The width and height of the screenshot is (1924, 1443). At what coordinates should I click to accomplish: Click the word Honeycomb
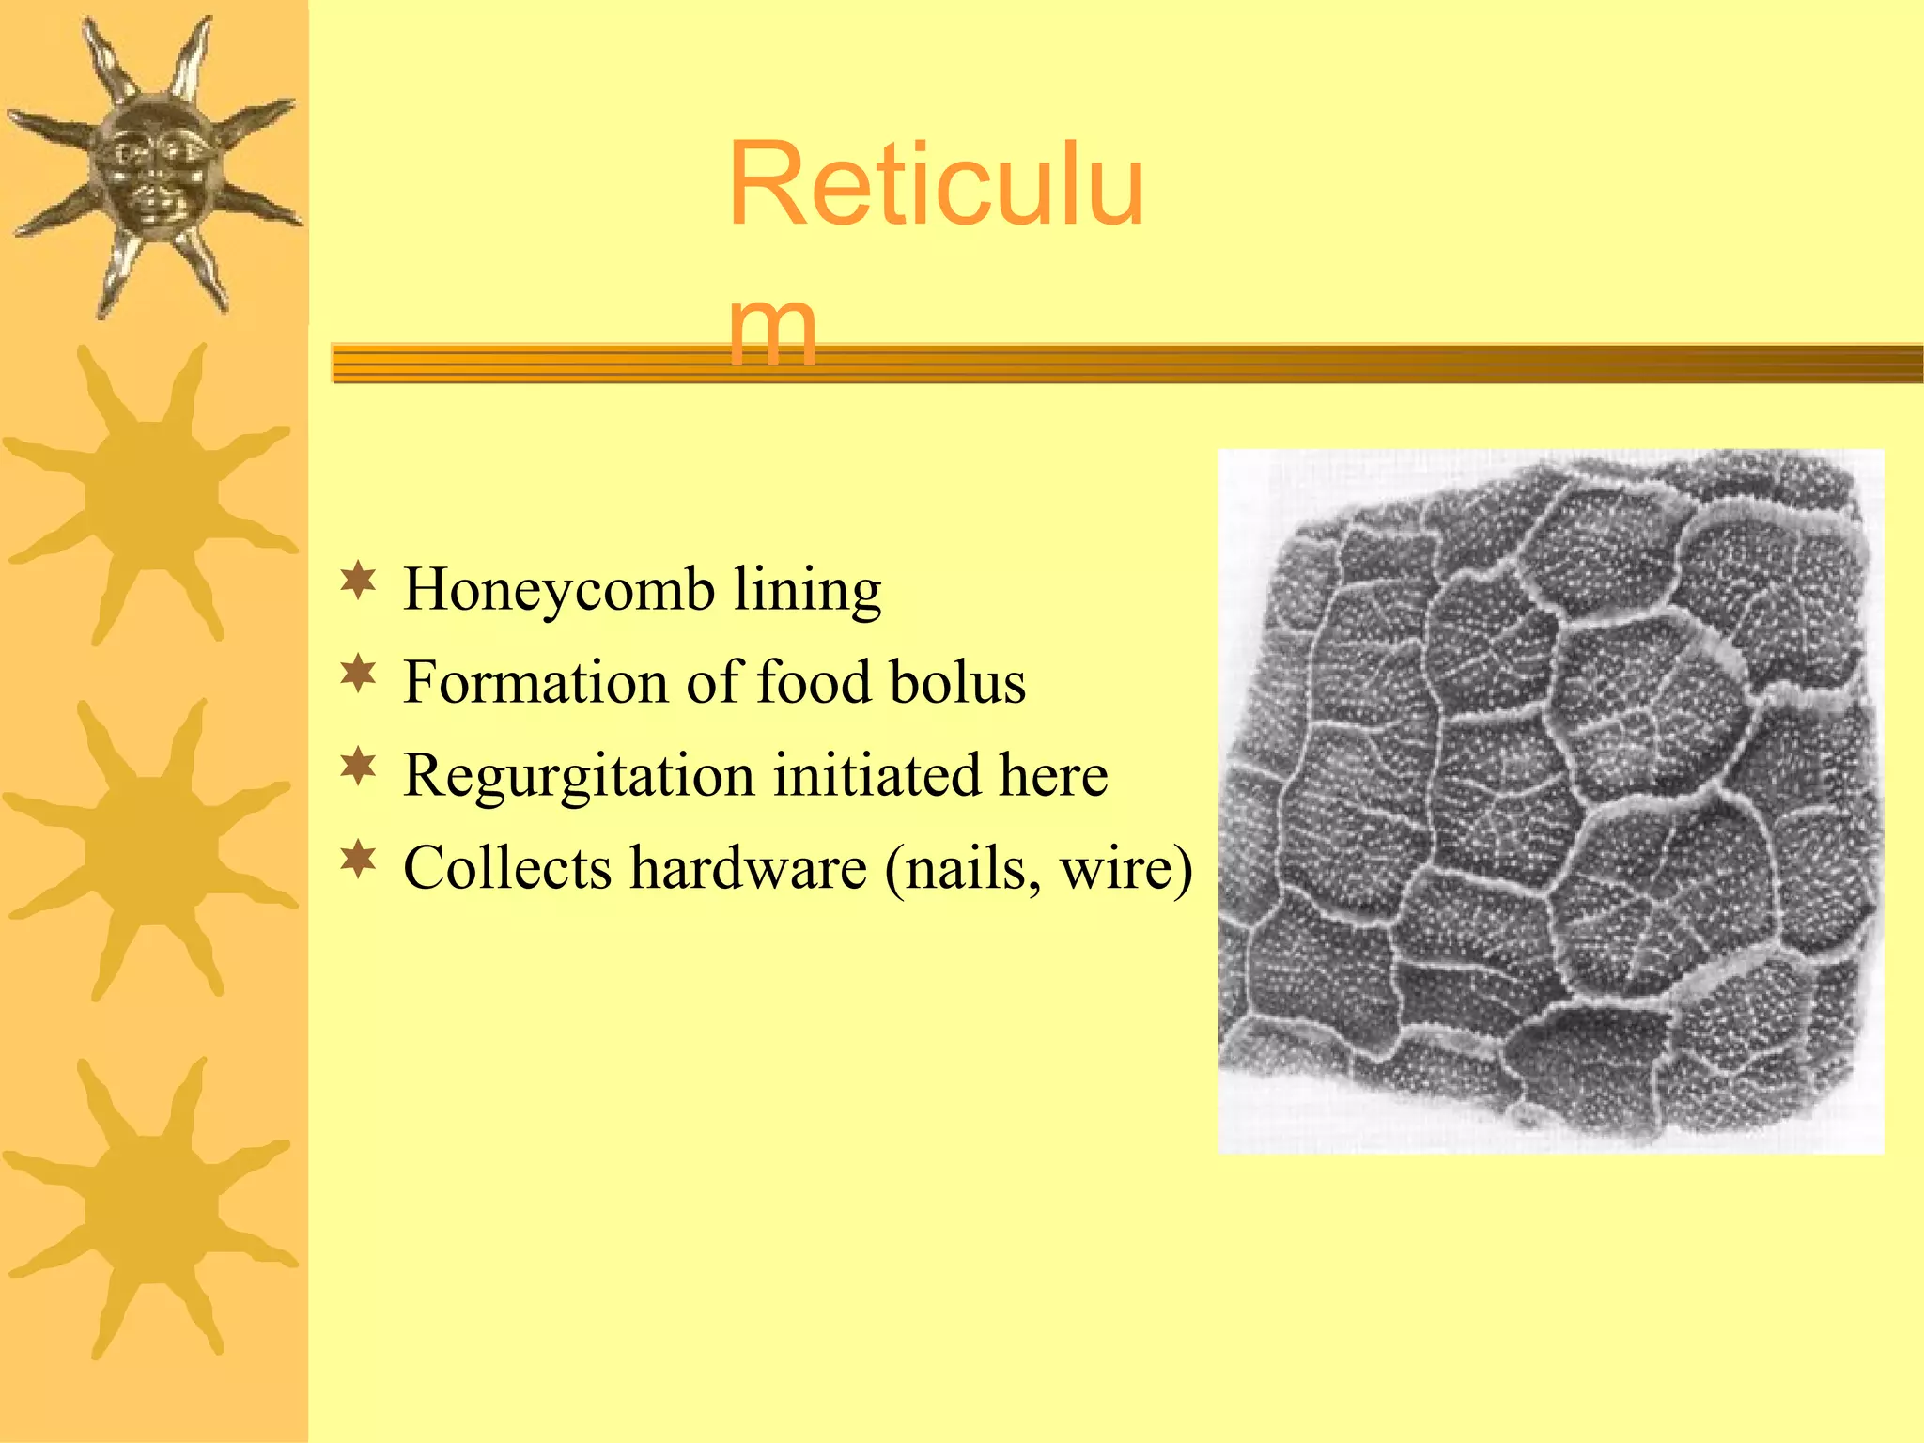(558, 590)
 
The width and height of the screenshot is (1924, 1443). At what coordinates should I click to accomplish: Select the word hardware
(748, 867)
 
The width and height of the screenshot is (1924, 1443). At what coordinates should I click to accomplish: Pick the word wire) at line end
(1126, 867)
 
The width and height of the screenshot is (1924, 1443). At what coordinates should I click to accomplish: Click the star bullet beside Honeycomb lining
(358, 582)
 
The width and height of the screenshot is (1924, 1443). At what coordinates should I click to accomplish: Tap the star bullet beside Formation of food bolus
(358, 674)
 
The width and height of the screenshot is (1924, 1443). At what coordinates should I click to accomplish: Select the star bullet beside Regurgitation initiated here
(358, 767)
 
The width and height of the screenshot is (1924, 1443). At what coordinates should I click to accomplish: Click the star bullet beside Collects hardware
(358, 859)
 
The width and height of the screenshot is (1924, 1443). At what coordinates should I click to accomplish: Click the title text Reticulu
(936, 184)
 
